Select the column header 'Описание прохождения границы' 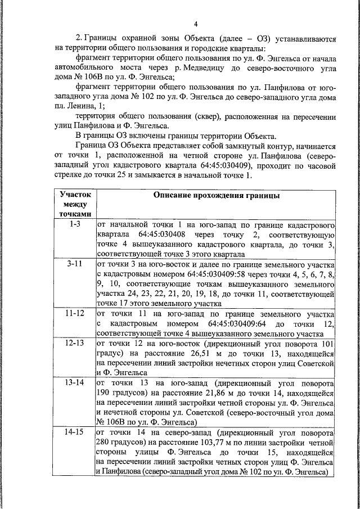[216, 195]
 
